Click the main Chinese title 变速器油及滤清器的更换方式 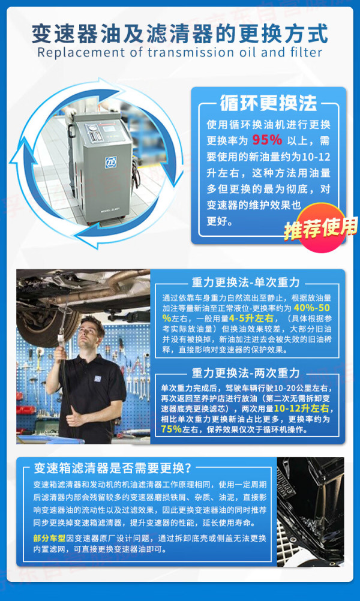click(180, 34)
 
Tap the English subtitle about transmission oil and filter click(180, 52)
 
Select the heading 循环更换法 click(268, 103)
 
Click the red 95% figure click(267, 140)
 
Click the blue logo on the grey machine click(111, 163)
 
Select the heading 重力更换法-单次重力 click(246, 283)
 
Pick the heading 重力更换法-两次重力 click(246, 372)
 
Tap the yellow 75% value click(172, 429)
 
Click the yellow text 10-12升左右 click(301, 408)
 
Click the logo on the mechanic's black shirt click(98, 378)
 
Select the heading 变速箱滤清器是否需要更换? click(112, 468)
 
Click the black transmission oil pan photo click(310, 511)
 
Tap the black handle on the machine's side click(71, 131)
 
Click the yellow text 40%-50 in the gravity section click(311, 308)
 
